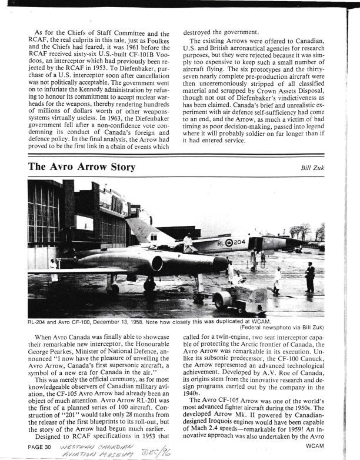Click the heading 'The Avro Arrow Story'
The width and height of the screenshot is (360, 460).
tap(82, 168)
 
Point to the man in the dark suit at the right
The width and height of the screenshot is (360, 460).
tap(309, 277)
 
